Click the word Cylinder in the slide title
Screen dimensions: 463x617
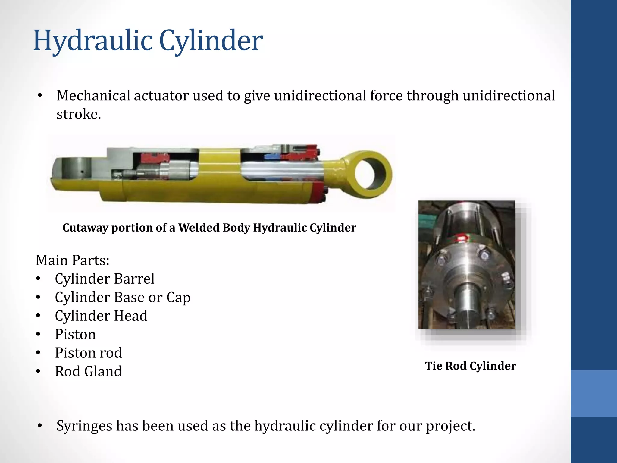[x=211, y=41]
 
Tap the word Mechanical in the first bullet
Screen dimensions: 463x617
[x=93, y=96]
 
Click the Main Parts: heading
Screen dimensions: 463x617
[x=73, y=260]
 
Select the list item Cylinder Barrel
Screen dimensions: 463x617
[x=105, y=279]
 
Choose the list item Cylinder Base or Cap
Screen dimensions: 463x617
[x=123, y=298]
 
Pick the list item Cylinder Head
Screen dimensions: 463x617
[x=101, y=316]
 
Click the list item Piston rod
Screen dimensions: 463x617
[x=89, y=353]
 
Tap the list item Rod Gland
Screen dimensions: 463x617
[x=89, y=371]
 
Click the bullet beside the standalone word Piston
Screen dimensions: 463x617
[x=38, y=334]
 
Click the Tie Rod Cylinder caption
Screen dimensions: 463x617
[x=470, y=366]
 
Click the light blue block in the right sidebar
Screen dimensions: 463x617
[x=594, y=393]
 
